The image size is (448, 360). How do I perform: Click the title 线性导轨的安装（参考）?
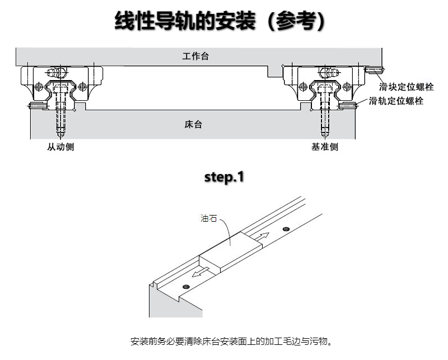pos(220,22)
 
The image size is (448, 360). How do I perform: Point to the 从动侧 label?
pos(60,147)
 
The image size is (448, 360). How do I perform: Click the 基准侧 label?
pos(325,147)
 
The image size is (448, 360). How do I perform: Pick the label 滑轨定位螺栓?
pos(396,101)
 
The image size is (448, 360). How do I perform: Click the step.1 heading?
pos(224,177)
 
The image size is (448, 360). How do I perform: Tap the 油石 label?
pos(208,219)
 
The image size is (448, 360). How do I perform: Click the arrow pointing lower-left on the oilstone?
pos(199,273)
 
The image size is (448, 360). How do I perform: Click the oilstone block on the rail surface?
pos(232,250)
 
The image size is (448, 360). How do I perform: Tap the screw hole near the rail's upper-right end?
pos(286,229)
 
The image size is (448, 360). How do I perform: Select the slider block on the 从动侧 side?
pos(62,84)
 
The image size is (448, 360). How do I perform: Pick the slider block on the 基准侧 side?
pos(324,84)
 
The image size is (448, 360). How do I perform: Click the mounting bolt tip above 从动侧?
pos(61,134)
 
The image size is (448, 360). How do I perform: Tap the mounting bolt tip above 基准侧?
pos(325,134)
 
